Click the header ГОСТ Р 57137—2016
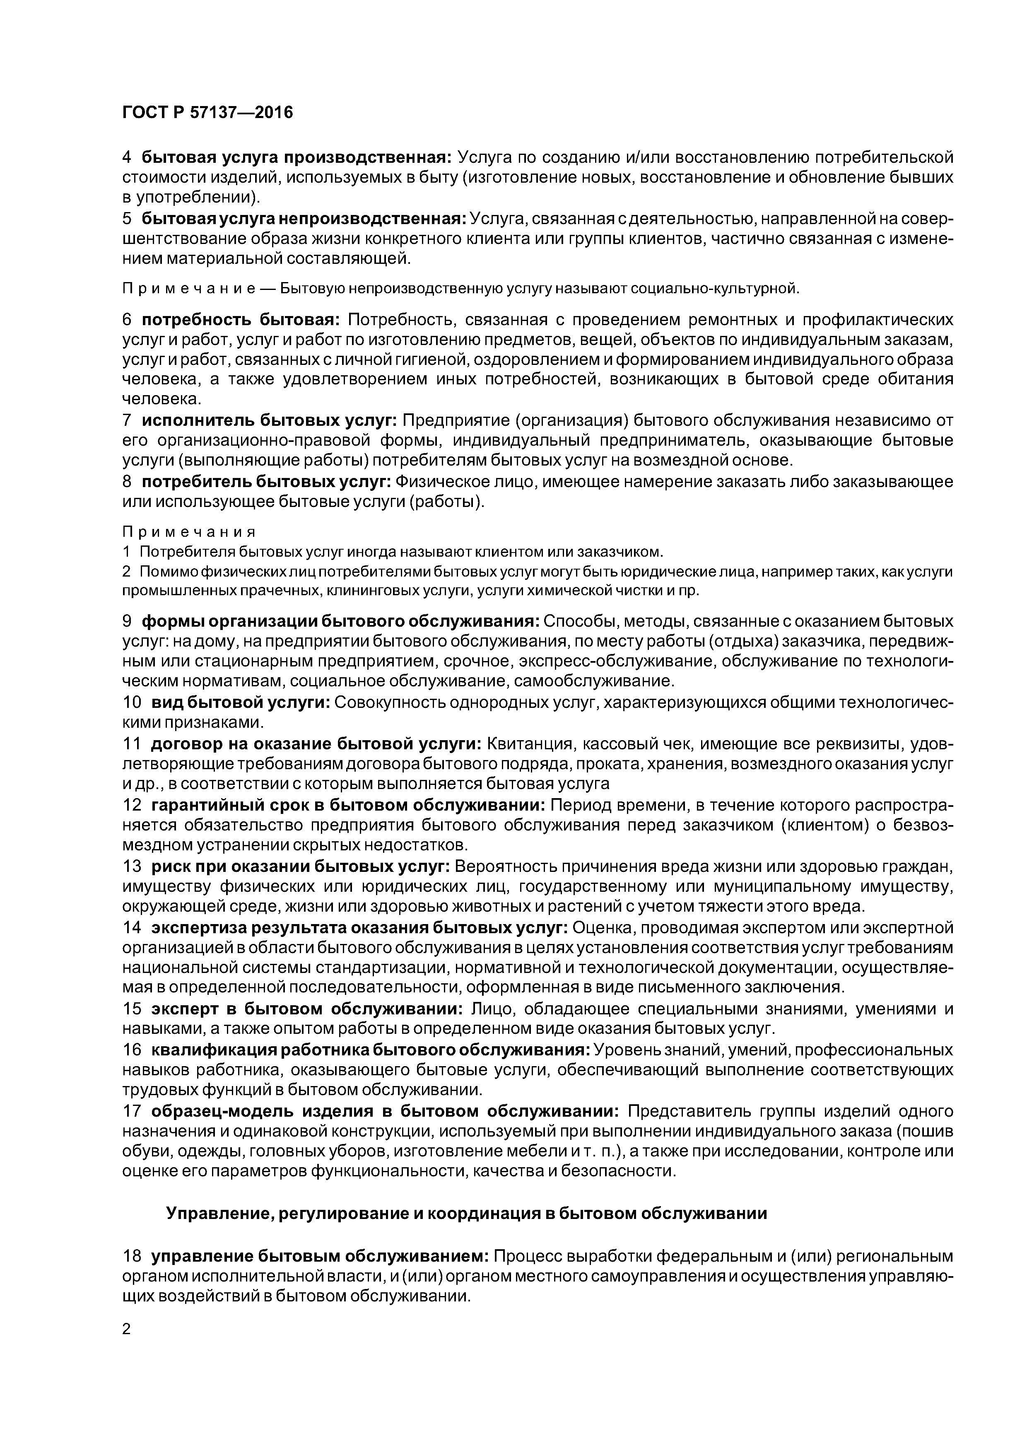(x=207, y=113)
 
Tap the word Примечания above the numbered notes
(x=188, y=531)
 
